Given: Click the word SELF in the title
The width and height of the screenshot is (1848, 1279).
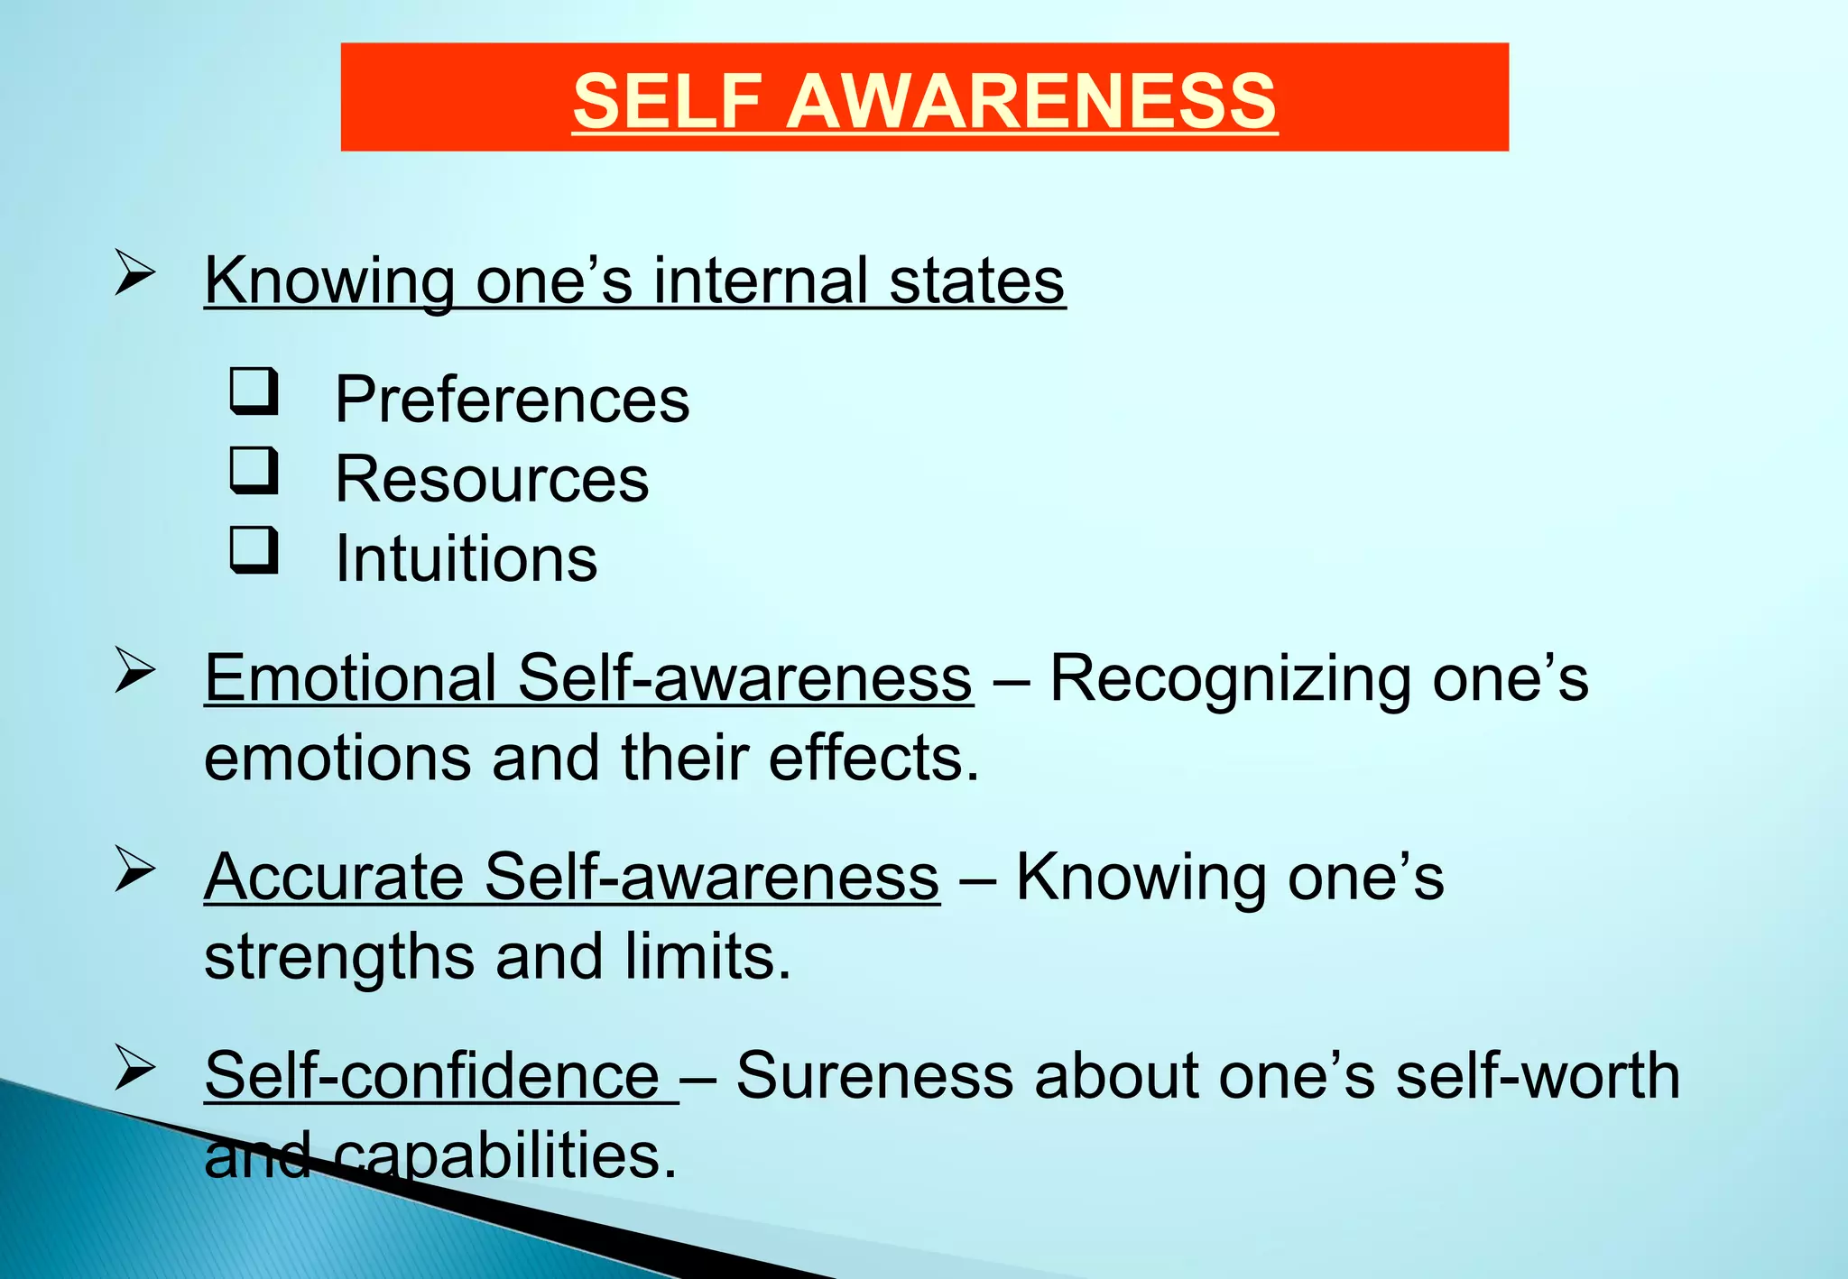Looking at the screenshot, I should coord(667,100).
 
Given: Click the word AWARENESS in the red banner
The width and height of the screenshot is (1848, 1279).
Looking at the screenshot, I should coord(1031,100).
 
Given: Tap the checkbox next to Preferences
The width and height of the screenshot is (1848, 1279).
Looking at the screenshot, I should coord(254,391).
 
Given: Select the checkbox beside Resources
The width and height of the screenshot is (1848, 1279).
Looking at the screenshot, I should coord(254,471).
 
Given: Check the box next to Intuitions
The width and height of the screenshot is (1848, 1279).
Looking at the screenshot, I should coord(254,550).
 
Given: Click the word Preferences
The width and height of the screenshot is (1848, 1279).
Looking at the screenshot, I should coord(512,400).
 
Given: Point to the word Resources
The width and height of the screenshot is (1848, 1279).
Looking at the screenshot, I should coord(492,479).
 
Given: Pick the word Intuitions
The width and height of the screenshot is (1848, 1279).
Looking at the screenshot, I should coord(466,558).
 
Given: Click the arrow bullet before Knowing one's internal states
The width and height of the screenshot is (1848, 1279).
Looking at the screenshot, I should coord(135,273).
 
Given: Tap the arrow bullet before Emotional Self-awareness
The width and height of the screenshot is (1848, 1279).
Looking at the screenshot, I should coord(135,672).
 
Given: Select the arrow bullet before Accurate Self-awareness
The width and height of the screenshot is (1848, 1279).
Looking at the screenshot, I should coord(135,870).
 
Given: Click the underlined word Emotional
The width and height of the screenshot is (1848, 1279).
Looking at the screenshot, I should coord(350,678).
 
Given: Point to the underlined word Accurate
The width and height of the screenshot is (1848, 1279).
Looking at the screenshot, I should coord(334,877).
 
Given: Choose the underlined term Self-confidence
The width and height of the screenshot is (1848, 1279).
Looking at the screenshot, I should coord(432,1075).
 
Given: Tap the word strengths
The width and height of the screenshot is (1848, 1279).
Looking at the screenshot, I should coord(339,956).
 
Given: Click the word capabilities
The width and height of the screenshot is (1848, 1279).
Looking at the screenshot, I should coord(505,1156).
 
